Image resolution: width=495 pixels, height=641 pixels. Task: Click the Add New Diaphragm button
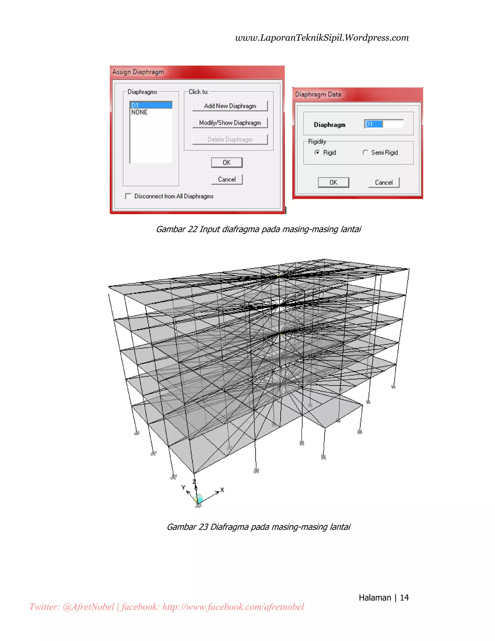point(230,106)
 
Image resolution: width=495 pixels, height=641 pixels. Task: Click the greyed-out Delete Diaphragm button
point(230,139)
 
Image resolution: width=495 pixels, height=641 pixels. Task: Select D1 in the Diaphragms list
point(151,105)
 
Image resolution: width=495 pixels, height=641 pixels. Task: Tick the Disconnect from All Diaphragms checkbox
point(128,196)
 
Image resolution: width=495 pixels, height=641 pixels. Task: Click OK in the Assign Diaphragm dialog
point(227,163)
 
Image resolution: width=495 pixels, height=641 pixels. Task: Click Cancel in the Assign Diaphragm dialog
point(227,179)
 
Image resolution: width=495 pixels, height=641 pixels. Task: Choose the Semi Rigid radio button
point(365,152)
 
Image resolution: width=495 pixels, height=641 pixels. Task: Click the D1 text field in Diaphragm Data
point(384,124)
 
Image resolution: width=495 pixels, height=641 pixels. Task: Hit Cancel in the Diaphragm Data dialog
point(384,183)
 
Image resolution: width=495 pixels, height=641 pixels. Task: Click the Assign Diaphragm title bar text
point(138,72)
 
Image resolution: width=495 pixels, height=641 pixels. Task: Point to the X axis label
point(222,490)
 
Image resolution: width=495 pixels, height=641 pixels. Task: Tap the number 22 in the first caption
point(192,229)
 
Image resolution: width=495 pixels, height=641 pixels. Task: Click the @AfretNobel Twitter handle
point(88,607)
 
